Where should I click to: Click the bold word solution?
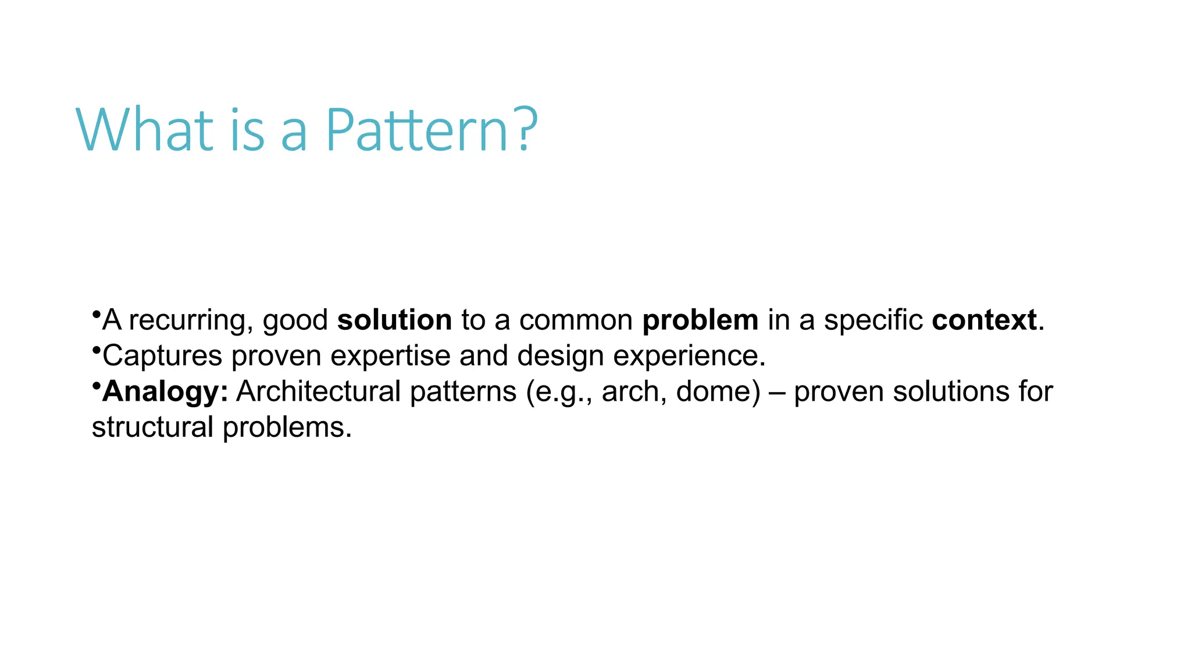[394, 320]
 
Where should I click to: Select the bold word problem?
[700, 320]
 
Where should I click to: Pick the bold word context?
[984, 320]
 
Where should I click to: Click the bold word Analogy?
[165, 392]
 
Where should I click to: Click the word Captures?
[162, 357]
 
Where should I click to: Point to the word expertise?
[390, 357]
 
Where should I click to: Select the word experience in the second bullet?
[689, 357]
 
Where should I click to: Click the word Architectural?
[318, 391]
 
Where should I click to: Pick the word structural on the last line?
[152, 427]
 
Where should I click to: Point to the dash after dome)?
[777, 392]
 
